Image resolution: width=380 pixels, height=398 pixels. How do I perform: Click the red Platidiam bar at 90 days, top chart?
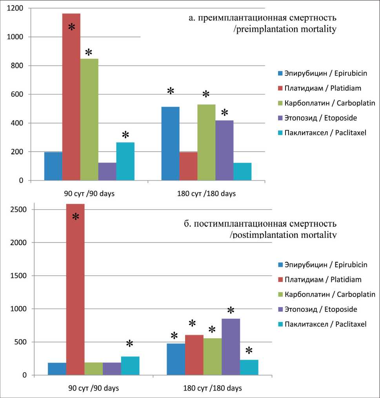tap(71, 98)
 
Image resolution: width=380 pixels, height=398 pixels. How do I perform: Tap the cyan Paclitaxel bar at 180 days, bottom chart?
tap(249, 367)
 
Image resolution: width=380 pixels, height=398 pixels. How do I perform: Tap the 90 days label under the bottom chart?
tap(93, 388)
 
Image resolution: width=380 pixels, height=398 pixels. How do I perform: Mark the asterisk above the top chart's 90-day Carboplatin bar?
tap(89, 52)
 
